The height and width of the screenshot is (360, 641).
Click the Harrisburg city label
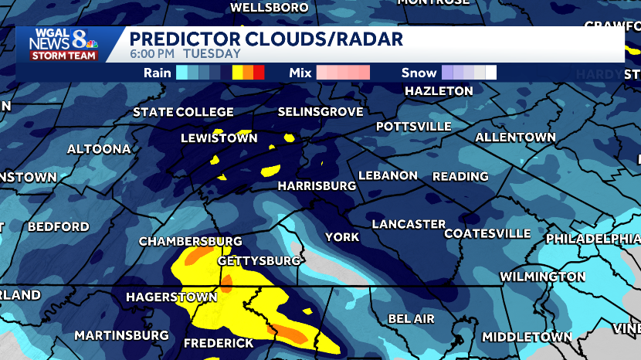click(317, 186)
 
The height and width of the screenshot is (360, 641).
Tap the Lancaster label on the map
click(409, 224)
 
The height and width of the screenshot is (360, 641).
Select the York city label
click(342, 237)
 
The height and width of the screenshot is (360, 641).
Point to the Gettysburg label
click(259, 260)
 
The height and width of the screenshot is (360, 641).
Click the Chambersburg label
click(191, 242)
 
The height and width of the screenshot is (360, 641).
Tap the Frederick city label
click(219, 342)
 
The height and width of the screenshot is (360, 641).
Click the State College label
click(183, 112)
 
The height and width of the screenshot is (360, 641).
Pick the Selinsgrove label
click(320, 112)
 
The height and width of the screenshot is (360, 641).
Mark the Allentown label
click(515, 138)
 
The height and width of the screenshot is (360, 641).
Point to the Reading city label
click(460, 176)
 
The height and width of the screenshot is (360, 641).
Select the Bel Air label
click(411, 318)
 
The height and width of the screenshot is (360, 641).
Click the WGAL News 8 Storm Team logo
click(63, 45)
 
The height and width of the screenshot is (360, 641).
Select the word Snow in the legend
click(419, 73)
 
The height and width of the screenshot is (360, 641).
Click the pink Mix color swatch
click(343, 73)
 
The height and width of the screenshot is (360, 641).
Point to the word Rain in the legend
click(157, 73)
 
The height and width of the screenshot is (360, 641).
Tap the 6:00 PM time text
click(152, 54)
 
